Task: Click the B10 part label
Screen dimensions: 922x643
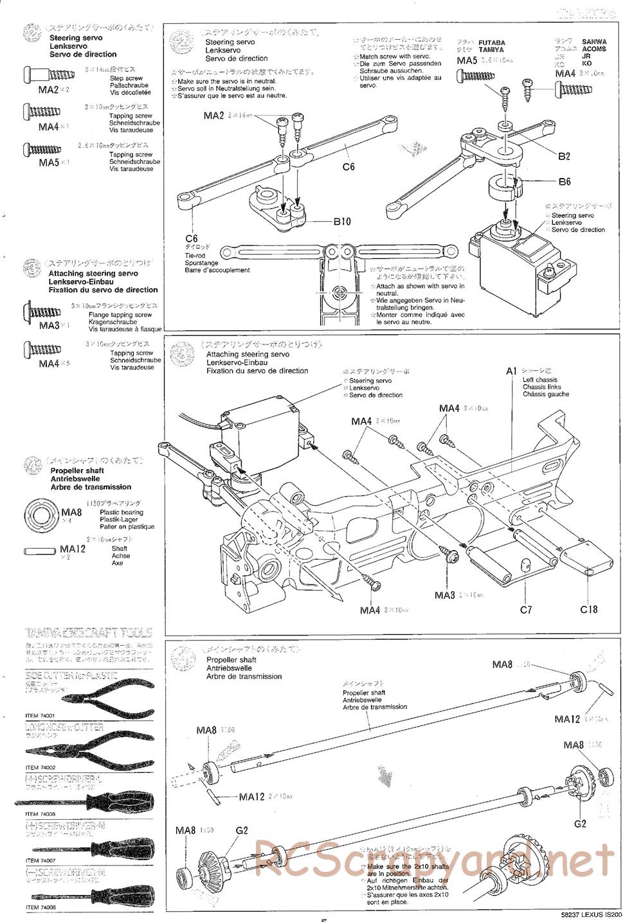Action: pos(342,222)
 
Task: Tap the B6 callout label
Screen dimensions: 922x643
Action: pos(565,182)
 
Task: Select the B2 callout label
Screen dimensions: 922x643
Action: pos(564,156)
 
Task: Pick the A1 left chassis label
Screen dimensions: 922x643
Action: pos(512,371)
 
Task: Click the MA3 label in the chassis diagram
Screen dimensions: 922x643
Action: pos(445,596)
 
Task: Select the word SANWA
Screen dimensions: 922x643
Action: pos(594,42)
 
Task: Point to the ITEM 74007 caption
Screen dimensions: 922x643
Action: pos(41,861)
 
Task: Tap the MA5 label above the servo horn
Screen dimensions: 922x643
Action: pos(467,61)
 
